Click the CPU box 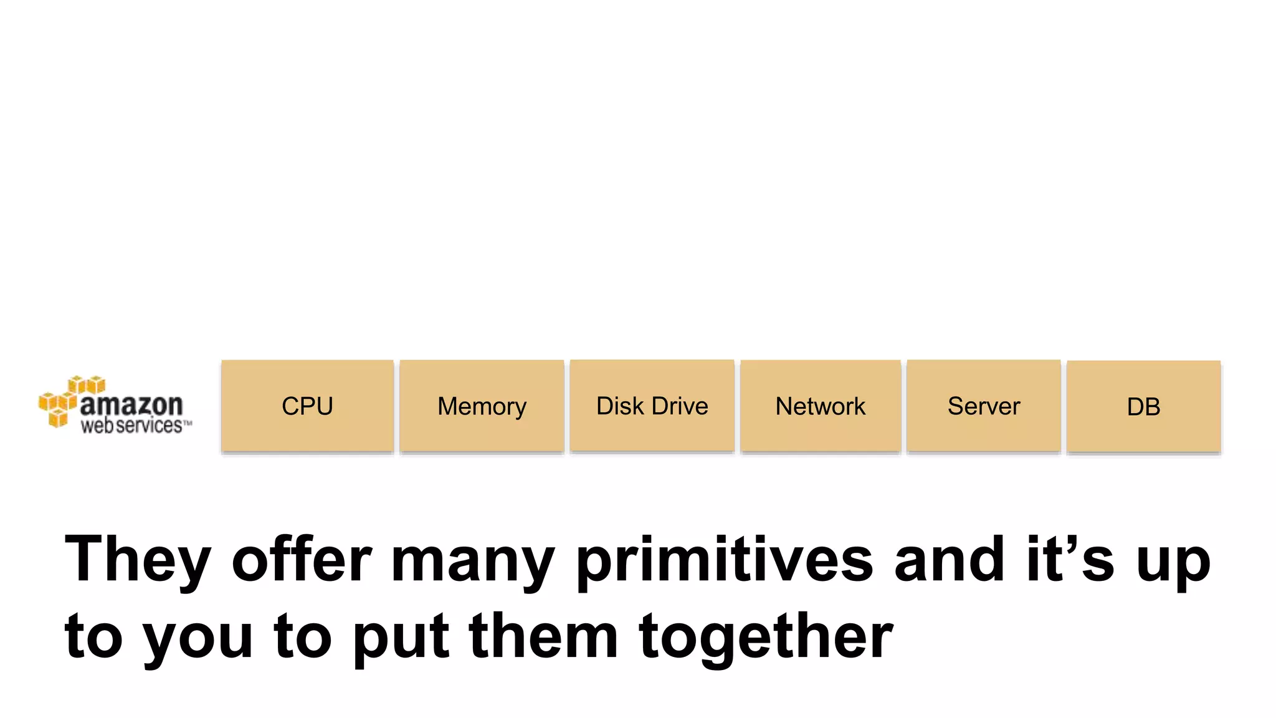click(x=307, y=406)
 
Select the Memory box click(x=482, y=406)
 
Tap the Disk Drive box click(x=652, y=405)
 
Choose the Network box click(x=821, y=406)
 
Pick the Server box click(x=984, y=405)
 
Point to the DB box click(x=1143, y=406)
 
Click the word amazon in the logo click(x=131, y=405)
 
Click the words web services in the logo click(x=131, y=426)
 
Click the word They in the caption click(x=138, y=559)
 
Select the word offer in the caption click(x=302, y=559)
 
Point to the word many click(x=472, y=561)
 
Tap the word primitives click(x=725, y=559)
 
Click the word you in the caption click(x=198, y=639)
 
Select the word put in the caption click(x=401, y=639)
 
